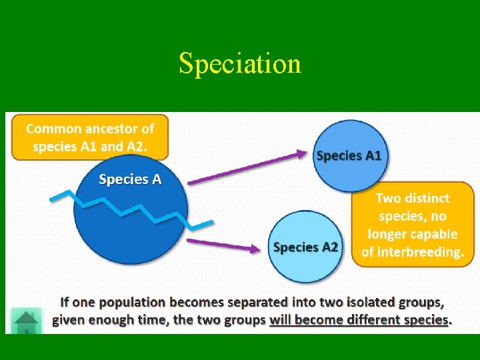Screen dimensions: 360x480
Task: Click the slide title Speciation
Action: click(240, 64)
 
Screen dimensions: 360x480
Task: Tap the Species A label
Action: click(130, 179)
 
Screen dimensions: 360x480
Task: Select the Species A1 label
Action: click(349, 155)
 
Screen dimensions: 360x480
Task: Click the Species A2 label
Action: click(305, 247)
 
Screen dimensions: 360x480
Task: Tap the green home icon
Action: click(27, 321)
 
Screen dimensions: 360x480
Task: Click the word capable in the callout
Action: click(432, 234)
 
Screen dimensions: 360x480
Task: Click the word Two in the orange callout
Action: click(388, 198)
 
